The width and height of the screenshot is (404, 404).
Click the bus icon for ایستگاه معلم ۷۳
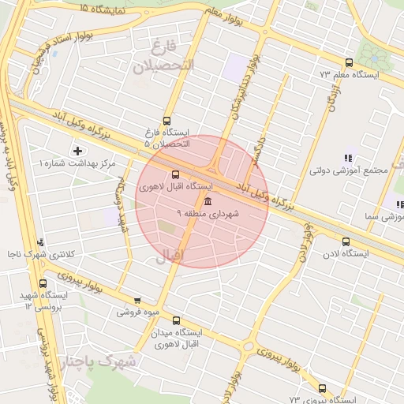point(349,62)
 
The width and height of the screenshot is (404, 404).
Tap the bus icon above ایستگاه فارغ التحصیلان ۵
point(166,121)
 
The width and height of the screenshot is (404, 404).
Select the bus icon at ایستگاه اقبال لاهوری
point(174,175)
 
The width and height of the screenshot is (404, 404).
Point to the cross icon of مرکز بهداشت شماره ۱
point(77,150)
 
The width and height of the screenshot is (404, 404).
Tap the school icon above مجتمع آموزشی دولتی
point(349,158)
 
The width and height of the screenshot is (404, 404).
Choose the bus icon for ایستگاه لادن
point(346,242)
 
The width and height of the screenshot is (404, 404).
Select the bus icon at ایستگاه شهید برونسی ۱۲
point(43,283)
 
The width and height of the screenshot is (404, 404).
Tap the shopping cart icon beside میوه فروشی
point(137,301)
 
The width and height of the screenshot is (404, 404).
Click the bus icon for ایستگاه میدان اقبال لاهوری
point(175,321)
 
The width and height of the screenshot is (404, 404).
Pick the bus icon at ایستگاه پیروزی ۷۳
point(322,388)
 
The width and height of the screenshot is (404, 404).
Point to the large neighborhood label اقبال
point(167,255)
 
